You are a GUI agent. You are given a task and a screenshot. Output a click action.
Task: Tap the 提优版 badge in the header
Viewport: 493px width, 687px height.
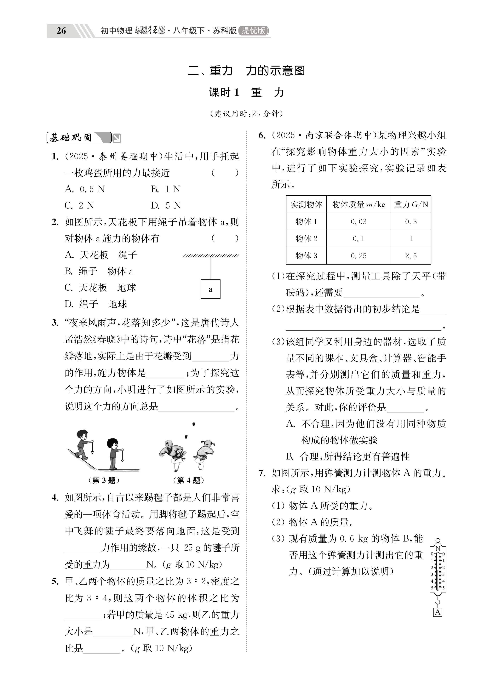(x=253, y=31)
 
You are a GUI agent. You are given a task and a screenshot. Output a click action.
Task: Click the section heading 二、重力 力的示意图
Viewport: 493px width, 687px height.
(x=246, y=71)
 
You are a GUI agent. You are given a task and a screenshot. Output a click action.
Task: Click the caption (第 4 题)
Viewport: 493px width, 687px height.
(x=188, y=480)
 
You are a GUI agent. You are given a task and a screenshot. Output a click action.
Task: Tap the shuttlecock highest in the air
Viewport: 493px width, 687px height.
(x=193, y=424)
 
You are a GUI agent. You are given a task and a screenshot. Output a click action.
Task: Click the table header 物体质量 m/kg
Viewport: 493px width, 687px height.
(x=358, y=205)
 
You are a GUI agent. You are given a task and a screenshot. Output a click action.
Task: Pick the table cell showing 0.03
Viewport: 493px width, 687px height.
(x=358, y=222)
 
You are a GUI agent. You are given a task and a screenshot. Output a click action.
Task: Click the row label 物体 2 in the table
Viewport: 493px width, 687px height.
(x=306, y=239)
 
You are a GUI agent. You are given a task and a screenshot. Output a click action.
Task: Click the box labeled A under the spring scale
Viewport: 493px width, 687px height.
(x=438, y=612)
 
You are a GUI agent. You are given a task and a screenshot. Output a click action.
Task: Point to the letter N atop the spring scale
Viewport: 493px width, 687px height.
(x=438, y=549)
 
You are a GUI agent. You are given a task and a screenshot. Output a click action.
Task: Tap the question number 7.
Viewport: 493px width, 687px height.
(x=262, y=473)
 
